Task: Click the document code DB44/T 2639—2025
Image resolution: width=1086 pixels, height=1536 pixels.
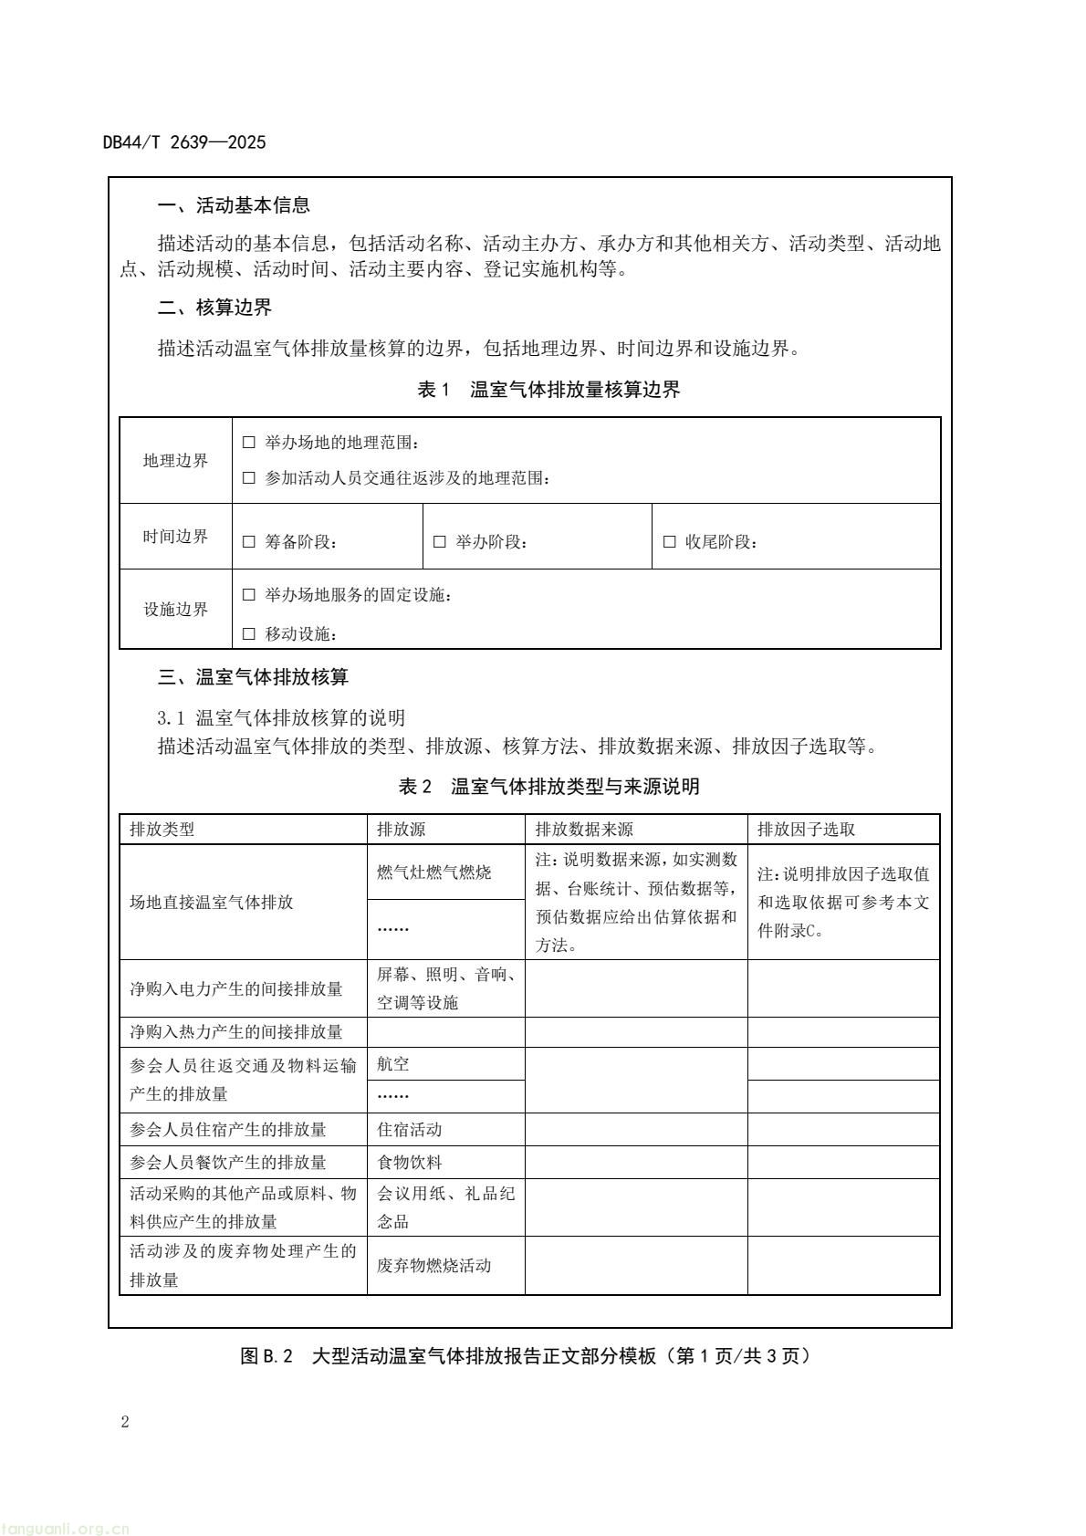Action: [x=184, y=142]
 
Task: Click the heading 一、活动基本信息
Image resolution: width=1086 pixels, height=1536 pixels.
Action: [x=234, y=205]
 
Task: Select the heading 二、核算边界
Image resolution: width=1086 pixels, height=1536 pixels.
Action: [x=214, y=308]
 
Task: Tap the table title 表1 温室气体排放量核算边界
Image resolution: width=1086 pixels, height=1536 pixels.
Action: [x=548, y=390]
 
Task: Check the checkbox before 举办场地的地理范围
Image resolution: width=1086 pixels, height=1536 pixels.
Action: [x=249, y=443]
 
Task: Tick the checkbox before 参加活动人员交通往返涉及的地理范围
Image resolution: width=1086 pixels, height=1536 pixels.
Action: [x=249, y=478]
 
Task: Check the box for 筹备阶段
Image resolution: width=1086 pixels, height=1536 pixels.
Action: [x=249, y=542]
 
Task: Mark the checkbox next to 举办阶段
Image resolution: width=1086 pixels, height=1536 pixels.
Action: [x=440, y=542]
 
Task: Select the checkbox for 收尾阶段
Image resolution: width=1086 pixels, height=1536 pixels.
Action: [x=670, y=542]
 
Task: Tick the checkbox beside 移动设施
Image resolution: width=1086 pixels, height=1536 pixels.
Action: [x=249, y=634]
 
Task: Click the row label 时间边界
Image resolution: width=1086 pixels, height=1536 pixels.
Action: [x=175, y=537]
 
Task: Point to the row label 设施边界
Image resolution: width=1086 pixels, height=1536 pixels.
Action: [x=175, y=610]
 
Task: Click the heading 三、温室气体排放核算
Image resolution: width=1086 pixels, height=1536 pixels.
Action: [x=253, y=677]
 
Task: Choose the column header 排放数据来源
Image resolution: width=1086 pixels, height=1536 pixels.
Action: [x=584, y=830]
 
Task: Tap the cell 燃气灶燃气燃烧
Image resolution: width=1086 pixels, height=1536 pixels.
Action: [x=434, y=872]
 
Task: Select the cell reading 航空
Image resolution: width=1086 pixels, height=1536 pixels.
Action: [x=393, y=1064]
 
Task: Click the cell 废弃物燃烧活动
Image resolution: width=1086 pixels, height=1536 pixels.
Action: [x=434, y=1265]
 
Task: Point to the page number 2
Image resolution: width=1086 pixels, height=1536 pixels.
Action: [x=125, y=1422]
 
